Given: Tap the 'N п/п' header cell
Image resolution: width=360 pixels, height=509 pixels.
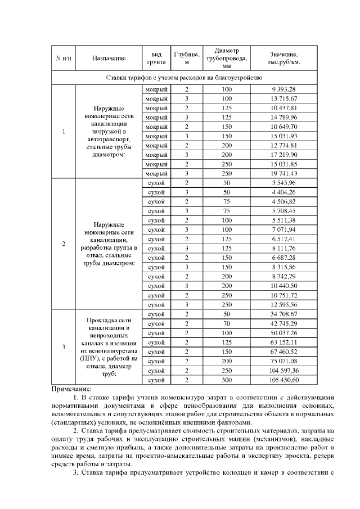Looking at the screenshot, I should coord(63,58).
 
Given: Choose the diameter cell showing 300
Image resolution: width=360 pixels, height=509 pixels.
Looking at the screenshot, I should coord(227,380).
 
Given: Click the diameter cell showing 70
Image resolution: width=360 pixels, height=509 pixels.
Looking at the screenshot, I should coord(227,323).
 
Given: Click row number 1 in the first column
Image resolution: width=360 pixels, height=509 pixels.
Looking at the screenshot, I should coord(63,132).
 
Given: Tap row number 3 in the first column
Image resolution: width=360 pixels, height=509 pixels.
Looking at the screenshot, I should coord(63,346).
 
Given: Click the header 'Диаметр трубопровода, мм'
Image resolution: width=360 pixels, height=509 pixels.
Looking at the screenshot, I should coord(227,58).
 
